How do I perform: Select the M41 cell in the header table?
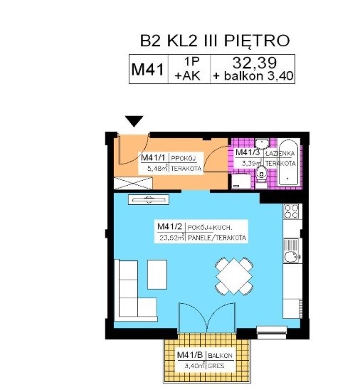[x=148, y=70]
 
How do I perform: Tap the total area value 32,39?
[x=251, y=63]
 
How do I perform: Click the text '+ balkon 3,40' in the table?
[x=251, y=77]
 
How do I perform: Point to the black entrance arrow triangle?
[x=134, y=122]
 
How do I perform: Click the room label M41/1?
[x=153, y=157]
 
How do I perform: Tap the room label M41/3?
[x=248, y=152]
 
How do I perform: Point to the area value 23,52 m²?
[x=171, y=238]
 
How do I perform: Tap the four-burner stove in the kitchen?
[x=291, y=211]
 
